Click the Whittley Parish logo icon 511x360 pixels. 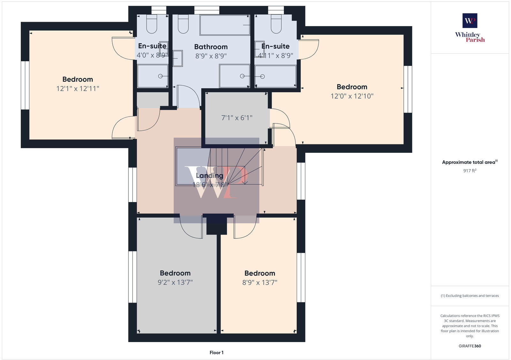click(470, 21)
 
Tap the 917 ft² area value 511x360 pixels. click(470, 171)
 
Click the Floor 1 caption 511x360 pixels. click(217, 353)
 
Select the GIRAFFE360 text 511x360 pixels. click(470, 346)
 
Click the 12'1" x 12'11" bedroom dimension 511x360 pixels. click(78, 88)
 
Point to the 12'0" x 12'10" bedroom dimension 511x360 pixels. click(352, 96)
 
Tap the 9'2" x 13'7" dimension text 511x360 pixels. click(175, 282)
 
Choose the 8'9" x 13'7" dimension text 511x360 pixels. click(260, 282)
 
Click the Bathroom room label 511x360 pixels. click(211, 47)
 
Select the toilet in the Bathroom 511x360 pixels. click(183, 25)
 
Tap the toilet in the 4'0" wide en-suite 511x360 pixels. click(152, 25)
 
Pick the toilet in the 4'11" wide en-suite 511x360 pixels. click(276, 25)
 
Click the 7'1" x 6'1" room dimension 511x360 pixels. click(237, 118)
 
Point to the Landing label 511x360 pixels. click(210, 176)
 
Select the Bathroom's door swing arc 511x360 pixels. click(188, 96)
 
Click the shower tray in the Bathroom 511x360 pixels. click(234, 76)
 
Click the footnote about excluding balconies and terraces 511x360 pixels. click(470, 296)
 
